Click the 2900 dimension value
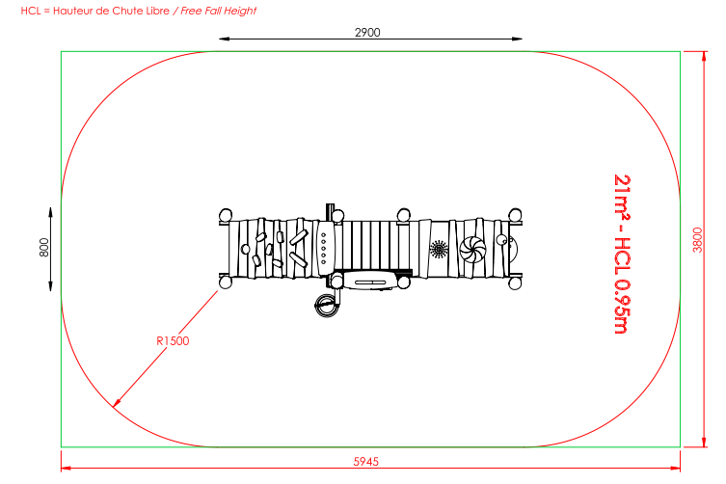click(367, 33)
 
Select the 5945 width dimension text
click(365, 461)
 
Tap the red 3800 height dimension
click(697, 240)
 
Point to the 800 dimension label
click(43, 248)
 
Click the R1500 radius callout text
click(173, 341)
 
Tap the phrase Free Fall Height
click(218, 11)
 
